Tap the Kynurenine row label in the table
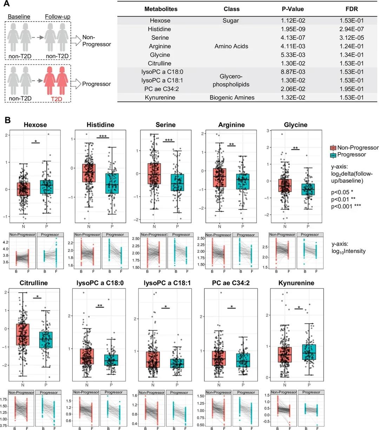click(x=160, y=97)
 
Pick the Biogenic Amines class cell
click(x=232, y=97)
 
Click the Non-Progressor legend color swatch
click(x=333, y=148)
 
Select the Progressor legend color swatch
click(x=333, y=155)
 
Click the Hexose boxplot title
click(x=35, y=125)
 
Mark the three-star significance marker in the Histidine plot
click(x=103, y=136)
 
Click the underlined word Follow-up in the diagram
click(x=57, y=17)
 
